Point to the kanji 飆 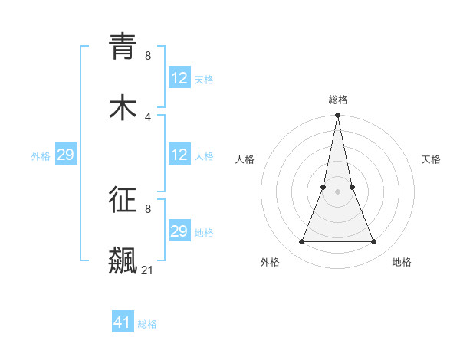[x=123, y=260]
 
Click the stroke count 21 [x=147, y=270]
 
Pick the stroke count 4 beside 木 [x=148, y=116]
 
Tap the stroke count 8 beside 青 [x=148, y=55]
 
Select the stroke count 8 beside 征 [x=148, y=208]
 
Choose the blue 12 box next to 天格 [x=179, y=78]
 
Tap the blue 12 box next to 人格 [x=179, y=155]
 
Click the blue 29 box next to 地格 [x=179, y=231]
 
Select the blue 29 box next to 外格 [x=66, y=155]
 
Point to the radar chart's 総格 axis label [x=337, y=100]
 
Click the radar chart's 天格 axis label [x=431, y=159]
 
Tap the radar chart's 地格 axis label [x=402, y=262]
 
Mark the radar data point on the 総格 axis [x=337, y=116]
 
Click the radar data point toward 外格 [x=301, y=242]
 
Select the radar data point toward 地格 [x=373, y=242]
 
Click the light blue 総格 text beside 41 [x=147, y=324]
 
